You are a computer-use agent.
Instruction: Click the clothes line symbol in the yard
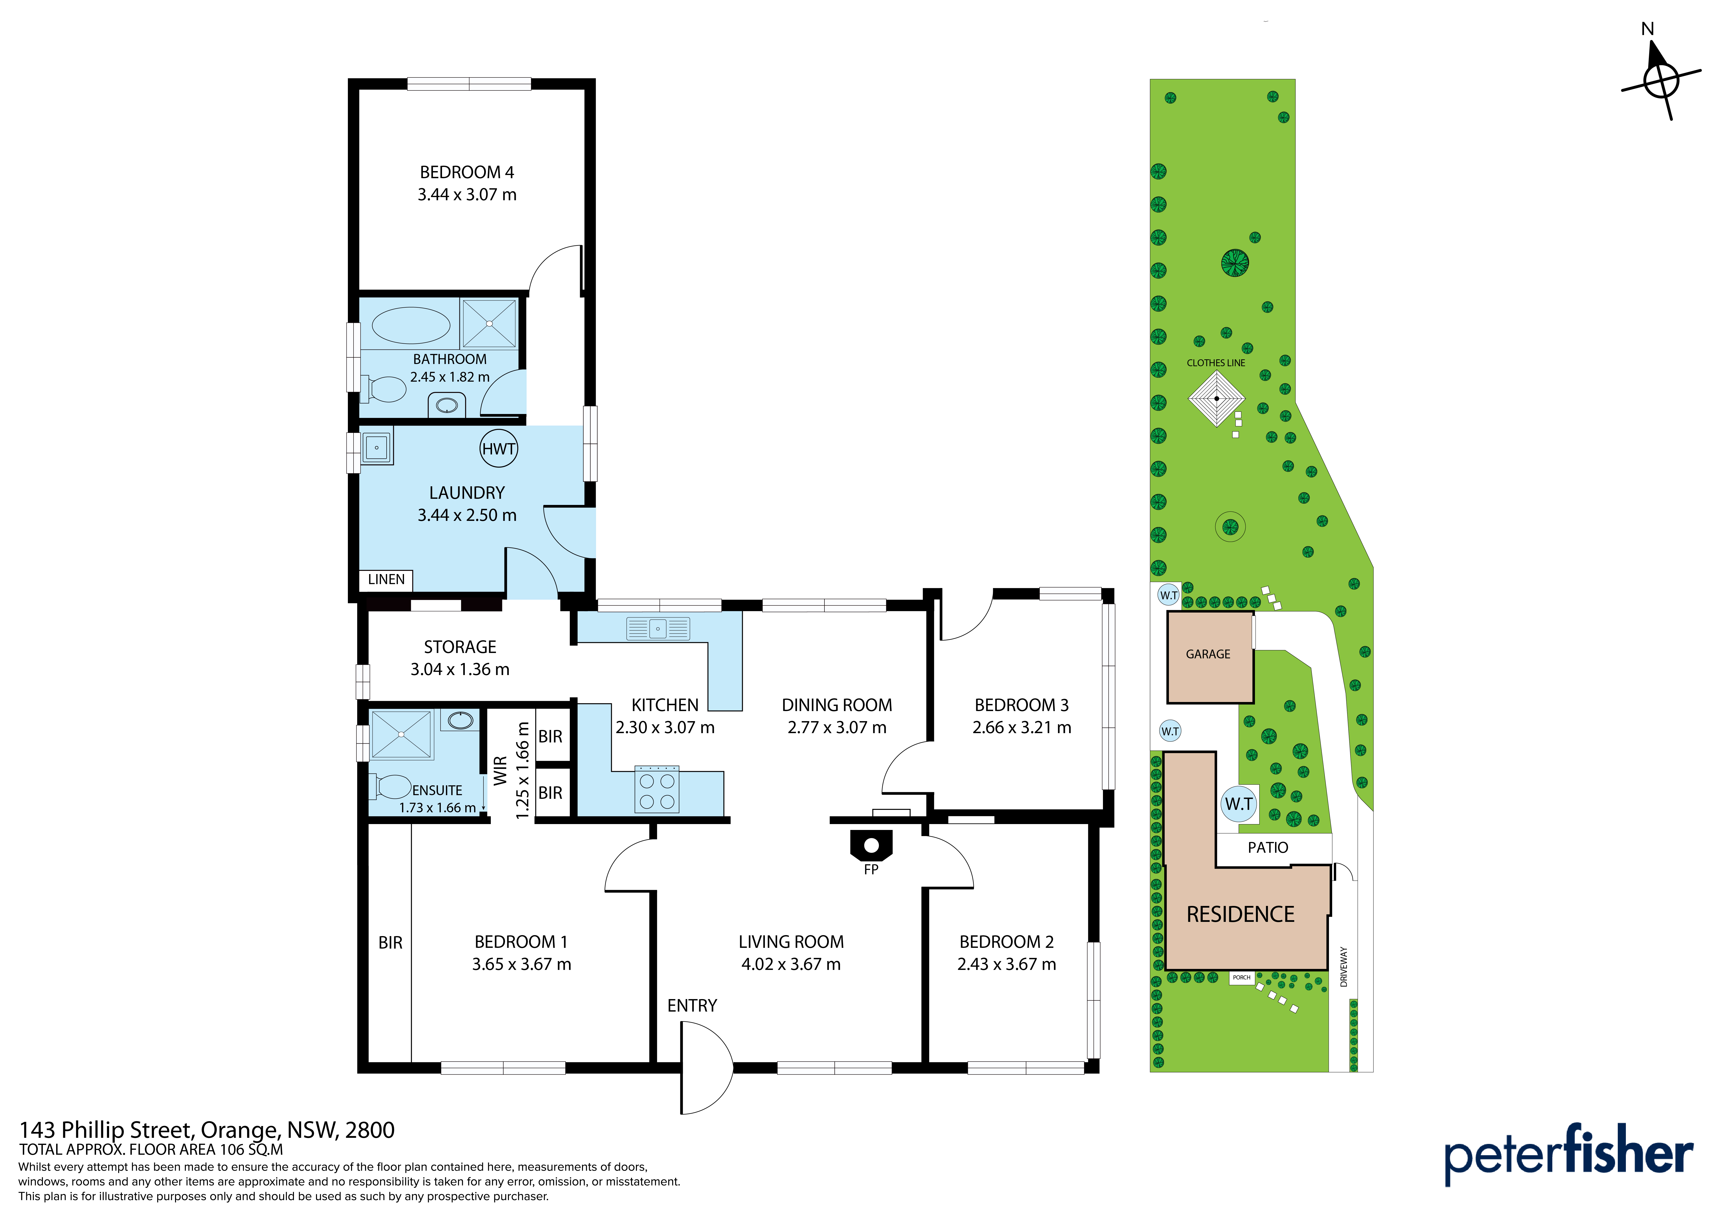[x=1217, y=399]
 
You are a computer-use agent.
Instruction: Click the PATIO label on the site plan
[x=1267, y=847]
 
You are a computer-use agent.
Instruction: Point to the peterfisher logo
[x=1569, y=1152]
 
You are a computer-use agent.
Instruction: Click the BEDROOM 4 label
[x=467, y=172]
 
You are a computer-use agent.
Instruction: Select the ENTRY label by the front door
[x=692, y=1005]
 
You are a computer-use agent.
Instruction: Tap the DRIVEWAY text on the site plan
[x=1344, y=966]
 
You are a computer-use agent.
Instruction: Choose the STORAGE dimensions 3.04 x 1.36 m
[x=460, y=669]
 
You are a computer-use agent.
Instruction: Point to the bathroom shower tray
[x=489, y=324]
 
